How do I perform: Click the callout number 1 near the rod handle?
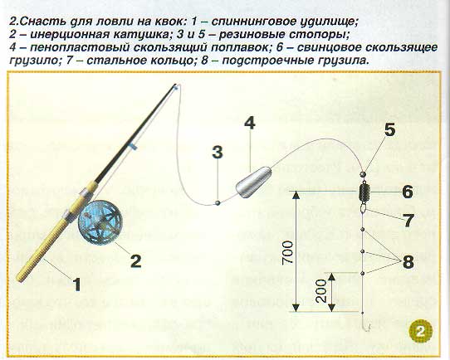tap(76, 285)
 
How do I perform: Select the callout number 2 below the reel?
tap(136, 260)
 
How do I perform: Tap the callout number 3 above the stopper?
tap(218, 152)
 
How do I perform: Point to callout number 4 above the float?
tap(250, 123)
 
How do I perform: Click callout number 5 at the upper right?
tap(389, 129)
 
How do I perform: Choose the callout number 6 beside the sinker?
tap(407, 191)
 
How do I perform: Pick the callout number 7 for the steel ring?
tap(408, 220)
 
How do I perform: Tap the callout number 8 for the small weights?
tap(408, 261)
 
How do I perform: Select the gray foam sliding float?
tap(253, 182)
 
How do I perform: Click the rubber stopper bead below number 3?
tap(218, 202)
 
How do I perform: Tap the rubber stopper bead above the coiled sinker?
tap(363, 173)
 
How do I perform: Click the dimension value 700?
tap(288, 252)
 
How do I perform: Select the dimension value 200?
tap(321, 290)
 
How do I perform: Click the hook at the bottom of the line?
tap(367, 324)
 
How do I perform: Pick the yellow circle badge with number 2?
tap(421, 332)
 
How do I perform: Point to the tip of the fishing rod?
tap(175, 85)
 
